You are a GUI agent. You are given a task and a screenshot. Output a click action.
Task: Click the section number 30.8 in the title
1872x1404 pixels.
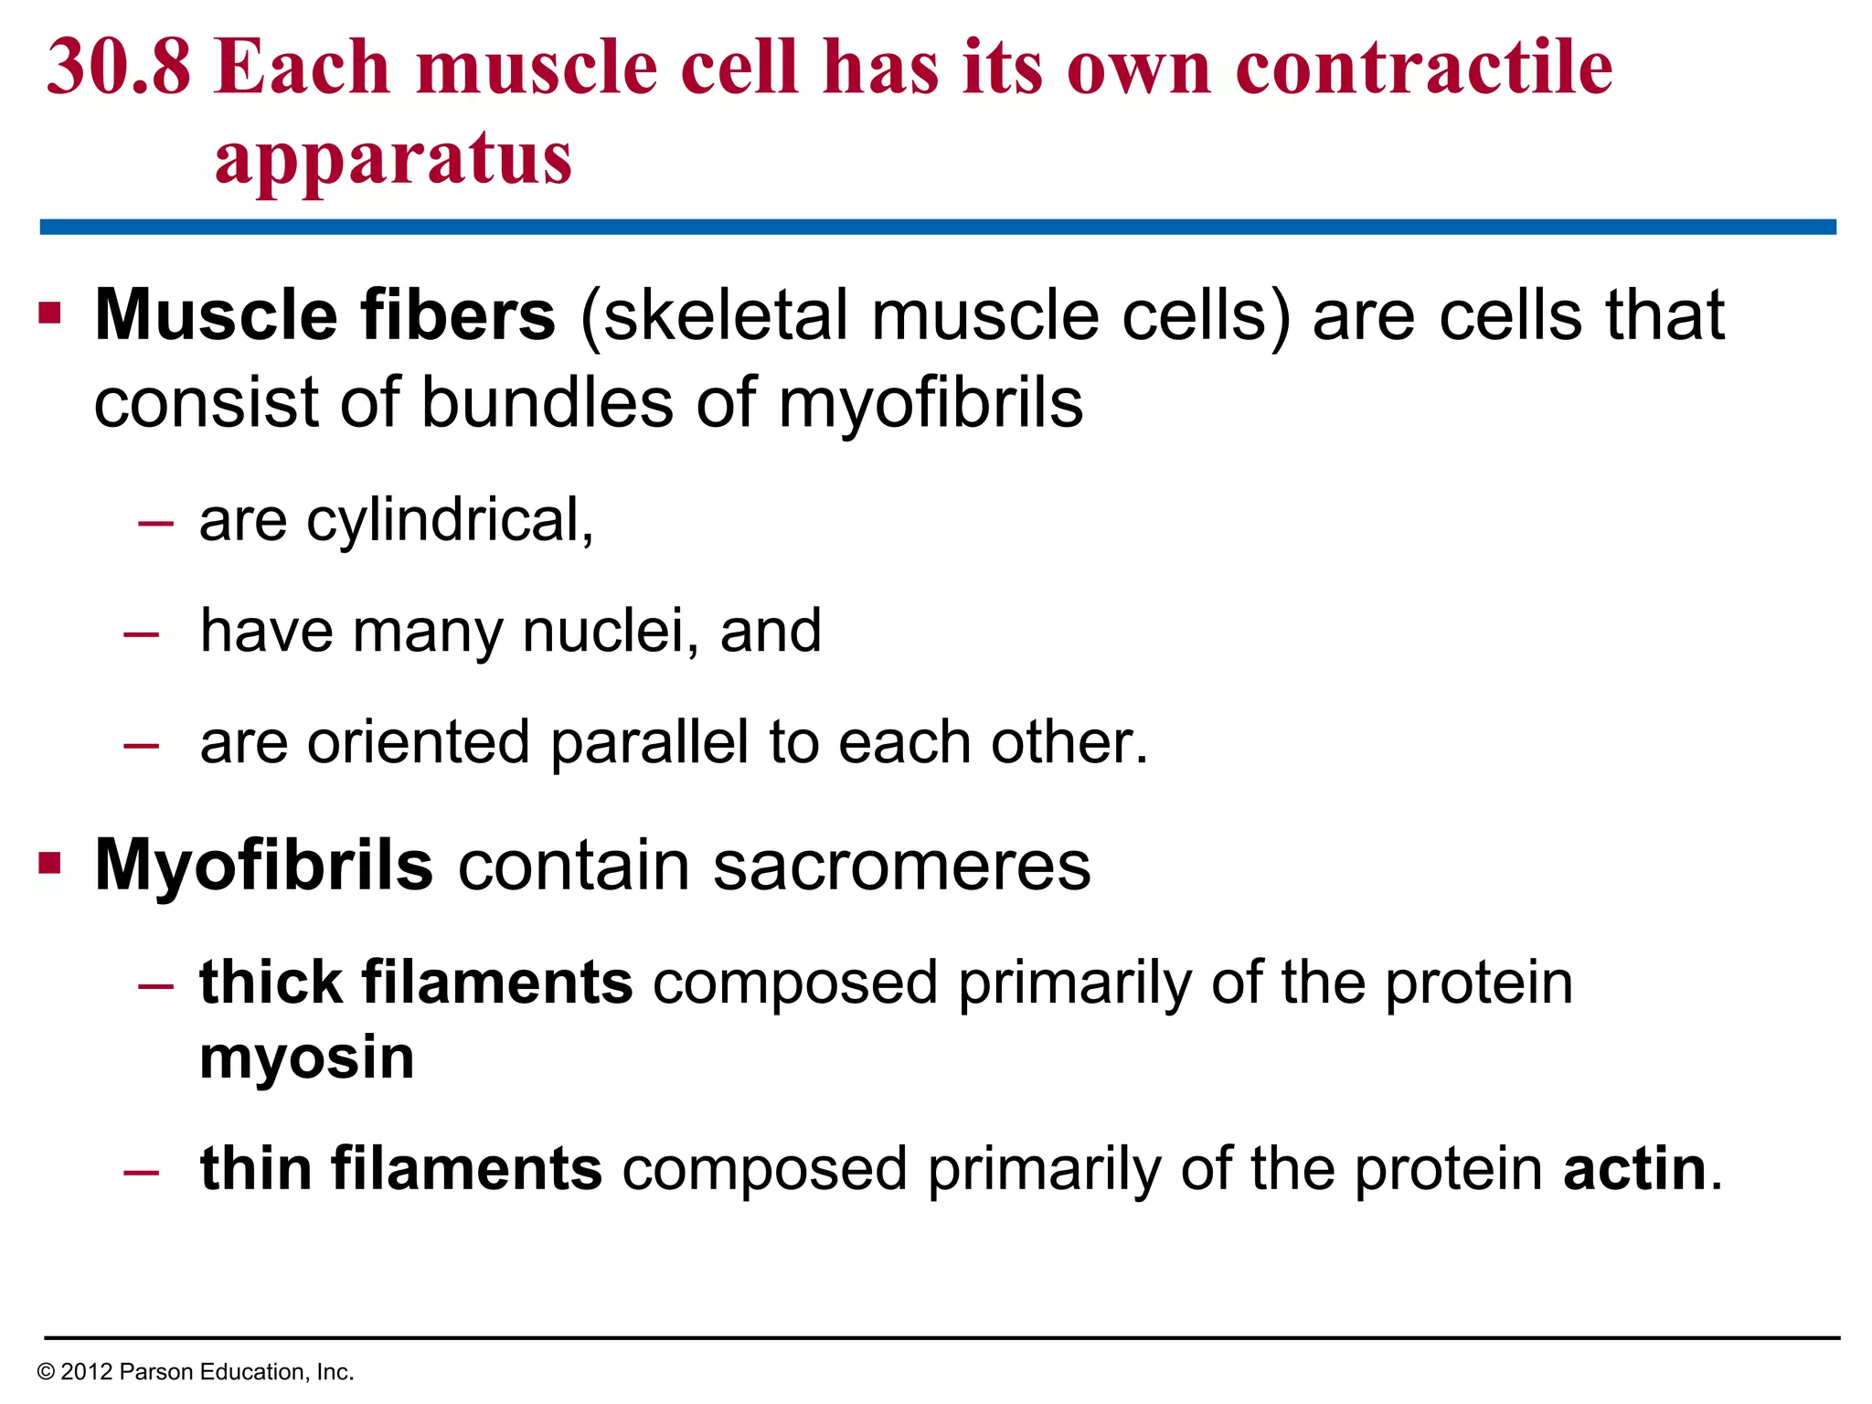[119, 69]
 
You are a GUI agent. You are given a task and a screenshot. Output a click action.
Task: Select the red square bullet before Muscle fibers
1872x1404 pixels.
[50, 314]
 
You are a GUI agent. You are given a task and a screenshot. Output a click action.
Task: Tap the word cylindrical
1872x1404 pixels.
[448, 521]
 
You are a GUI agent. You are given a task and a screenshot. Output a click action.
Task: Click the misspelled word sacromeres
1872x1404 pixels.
[901, 866]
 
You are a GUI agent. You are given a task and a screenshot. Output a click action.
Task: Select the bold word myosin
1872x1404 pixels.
[307, 1058]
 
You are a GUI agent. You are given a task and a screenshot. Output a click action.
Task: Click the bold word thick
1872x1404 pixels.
[271, 983]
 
